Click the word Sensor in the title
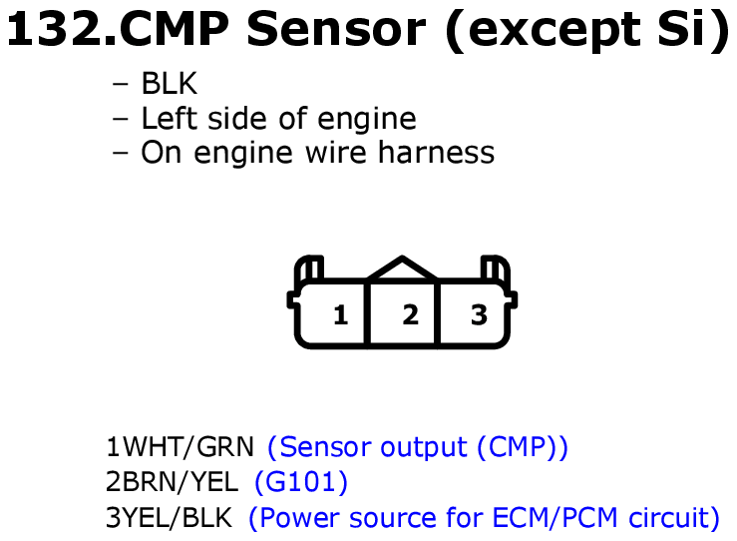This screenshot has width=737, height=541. [336, 29]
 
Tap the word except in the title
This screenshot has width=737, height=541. [554, 31]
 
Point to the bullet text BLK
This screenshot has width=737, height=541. [170, 84]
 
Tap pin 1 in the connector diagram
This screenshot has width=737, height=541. [341, 315]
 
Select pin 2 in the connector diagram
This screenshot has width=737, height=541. [410, 315]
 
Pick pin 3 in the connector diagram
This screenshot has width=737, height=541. [479, 315]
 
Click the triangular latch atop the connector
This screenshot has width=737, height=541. [402, 269]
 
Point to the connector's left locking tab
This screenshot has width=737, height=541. [309, 269]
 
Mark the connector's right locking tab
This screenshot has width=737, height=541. [496, 269]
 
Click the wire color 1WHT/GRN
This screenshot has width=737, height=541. [181, 447]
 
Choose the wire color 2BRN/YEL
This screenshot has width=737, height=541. [172, 482]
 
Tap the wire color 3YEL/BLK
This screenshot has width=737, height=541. [170, 517]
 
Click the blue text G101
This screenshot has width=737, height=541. [301, 482]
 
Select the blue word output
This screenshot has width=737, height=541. [424, 448]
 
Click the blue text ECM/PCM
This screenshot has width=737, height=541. [554, 517]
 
